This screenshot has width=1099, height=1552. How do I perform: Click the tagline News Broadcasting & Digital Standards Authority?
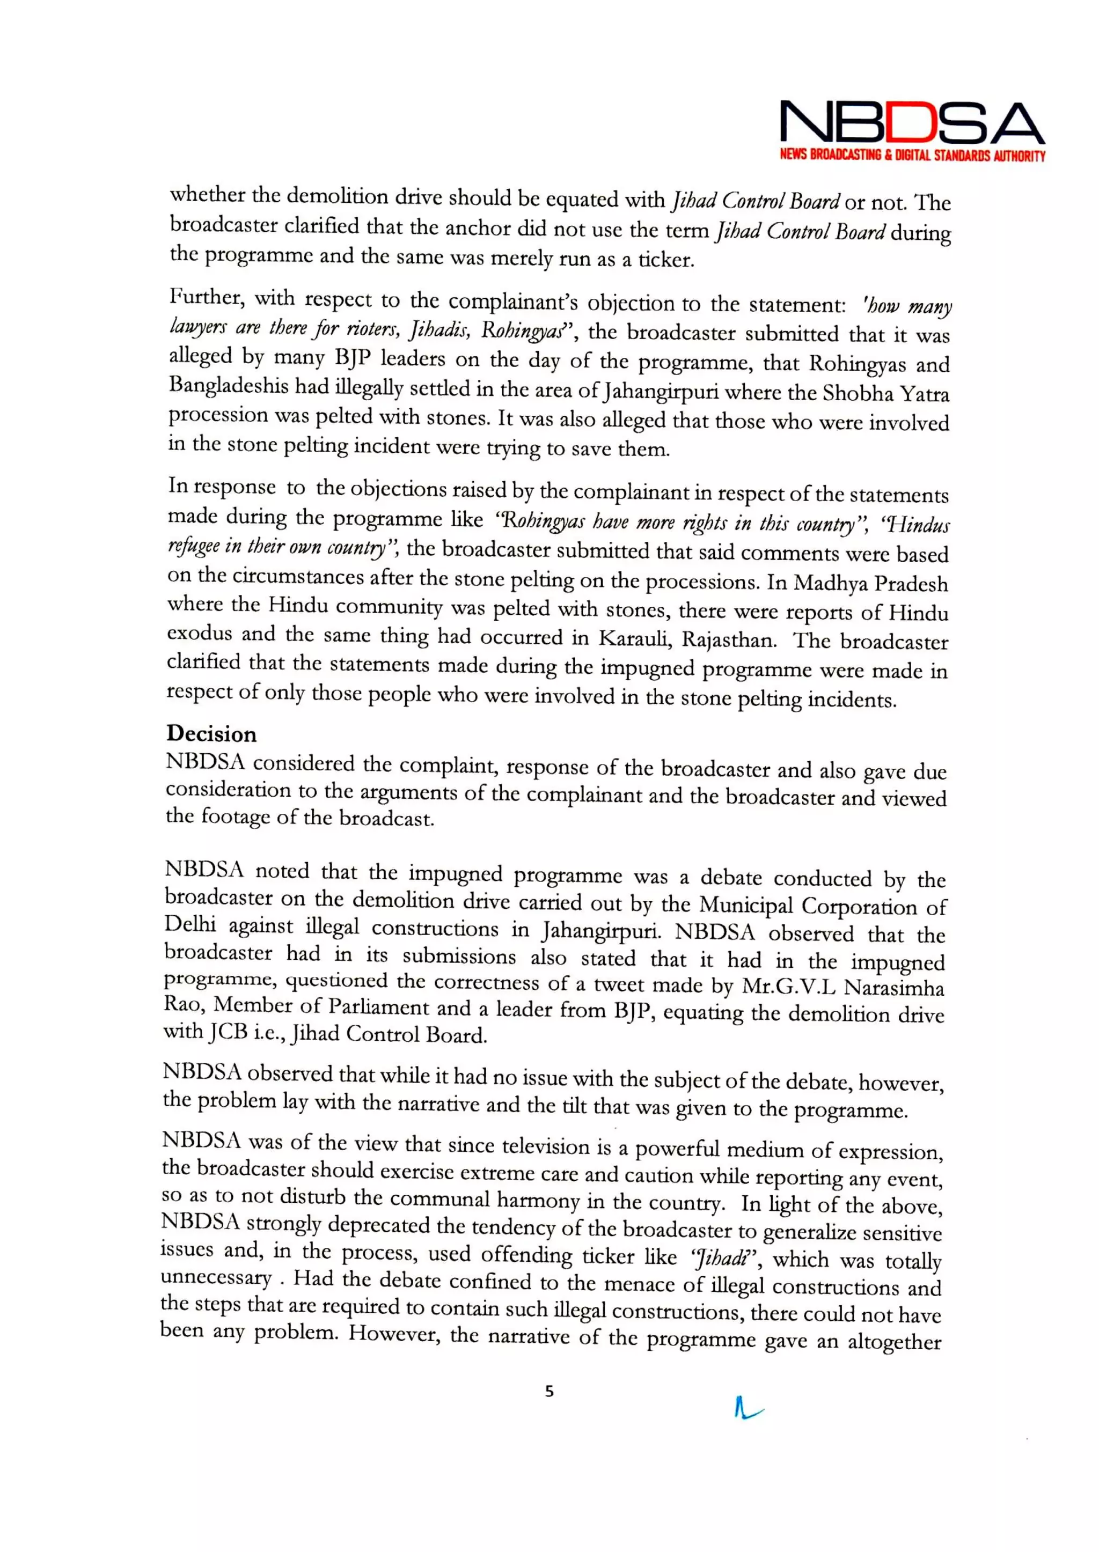(x=912, y=156)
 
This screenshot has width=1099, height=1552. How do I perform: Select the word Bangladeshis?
(x=218, y=386)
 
